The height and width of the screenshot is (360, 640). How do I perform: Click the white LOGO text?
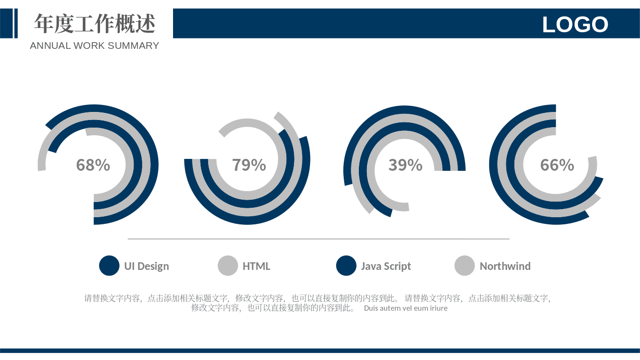pyautogui.click(x=575, y=24)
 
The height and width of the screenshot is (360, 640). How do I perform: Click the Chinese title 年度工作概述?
pyautogui.click(x=94, y=23)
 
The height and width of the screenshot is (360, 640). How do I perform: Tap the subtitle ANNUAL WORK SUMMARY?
pyautogui.click(x=94, y=46)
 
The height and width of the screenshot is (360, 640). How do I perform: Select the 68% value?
pyautogui.click(x=93, y=165)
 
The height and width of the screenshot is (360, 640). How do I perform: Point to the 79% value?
pyautogui.click(x=249, y=165)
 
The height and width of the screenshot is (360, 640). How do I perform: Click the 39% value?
pyautogui.click(x=405, y=165)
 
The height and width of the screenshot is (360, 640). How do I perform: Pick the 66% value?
pyautogui.click(x=557, y=165)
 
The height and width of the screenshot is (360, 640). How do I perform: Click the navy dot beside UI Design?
pyautogui.click(x=109, y=265)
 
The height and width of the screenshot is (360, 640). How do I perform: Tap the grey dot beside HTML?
pyautogui.click(x=228, y=265)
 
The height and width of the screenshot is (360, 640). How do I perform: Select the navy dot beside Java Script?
pyautogui.click(x=346, y=265)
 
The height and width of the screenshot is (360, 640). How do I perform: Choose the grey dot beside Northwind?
pyautogui.click(x=465, y=265)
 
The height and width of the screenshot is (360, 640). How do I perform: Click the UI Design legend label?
pyautogui.click(x=146, y=266)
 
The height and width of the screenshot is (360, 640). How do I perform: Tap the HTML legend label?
pyautogui.click(x=256, y=266)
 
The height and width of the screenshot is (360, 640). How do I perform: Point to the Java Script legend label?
pyautogui.click(x=386, y=266)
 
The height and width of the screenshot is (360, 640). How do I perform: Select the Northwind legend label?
pyautogui.click(x=505, y=266)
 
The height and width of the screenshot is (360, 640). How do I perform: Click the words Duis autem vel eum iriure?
pyautogui.click(x=406, y=308)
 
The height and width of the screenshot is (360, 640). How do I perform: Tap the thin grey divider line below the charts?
pyautogui.click(x=319, y=239)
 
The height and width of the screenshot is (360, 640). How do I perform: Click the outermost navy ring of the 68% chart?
pyautogui.click(x=154, y=165)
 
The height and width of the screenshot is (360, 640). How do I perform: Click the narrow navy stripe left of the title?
pyautogui.click(x=16, y=23)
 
